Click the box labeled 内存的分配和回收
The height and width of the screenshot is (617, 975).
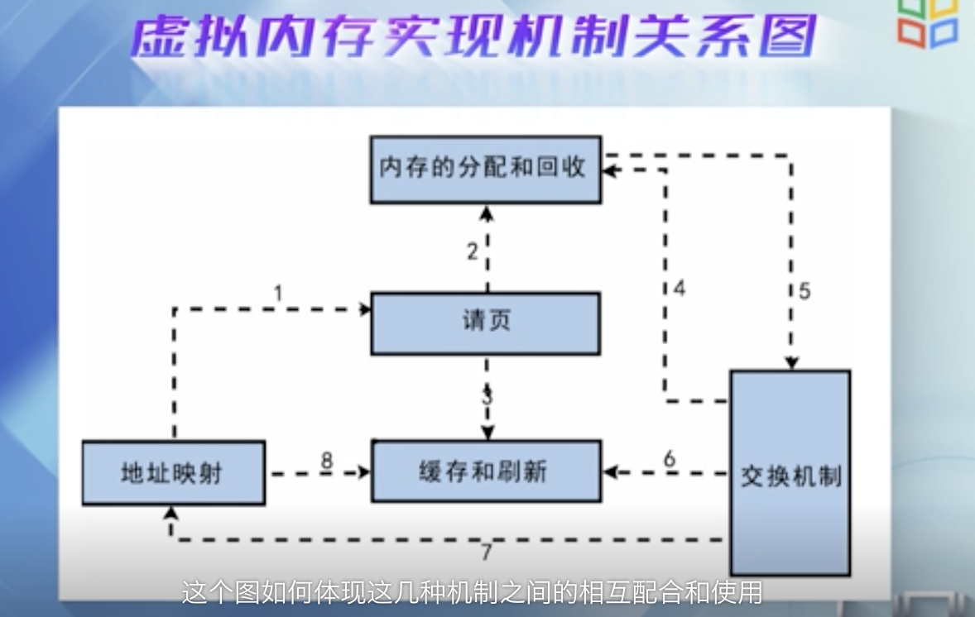(485, 169)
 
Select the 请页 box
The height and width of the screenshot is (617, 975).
(485, 323)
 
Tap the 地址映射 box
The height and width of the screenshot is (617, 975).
(173, 472)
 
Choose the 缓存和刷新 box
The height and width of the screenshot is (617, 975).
(485, 471)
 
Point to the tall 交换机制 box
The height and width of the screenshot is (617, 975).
(790, 474)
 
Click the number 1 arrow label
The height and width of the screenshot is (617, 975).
(278, 292)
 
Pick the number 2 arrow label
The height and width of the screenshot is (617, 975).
(472, 251)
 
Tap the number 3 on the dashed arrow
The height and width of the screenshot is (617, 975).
(487, 395)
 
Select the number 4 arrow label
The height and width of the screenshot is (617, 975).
(679, 289)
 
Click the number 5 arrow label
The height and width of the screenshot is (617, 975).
(804, 290)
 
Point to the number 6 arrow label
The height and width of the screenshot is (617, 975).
(670, 457)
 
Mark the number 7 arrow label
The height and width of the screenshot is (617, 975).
(487, 552)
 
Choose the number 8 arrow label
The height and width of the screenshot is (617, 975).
(327, 460)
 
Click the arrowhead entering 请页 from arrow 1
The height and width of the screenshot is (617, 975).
(365, 308)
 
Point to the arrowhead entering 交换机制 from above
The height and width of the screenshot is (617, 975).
(792, 363)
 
